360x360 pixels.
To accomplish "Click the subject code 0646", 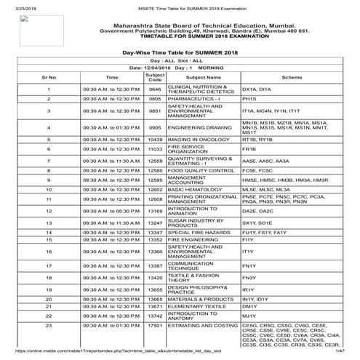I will (154, 88).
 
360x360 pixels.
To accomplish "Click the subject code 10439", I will (154, 140).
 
